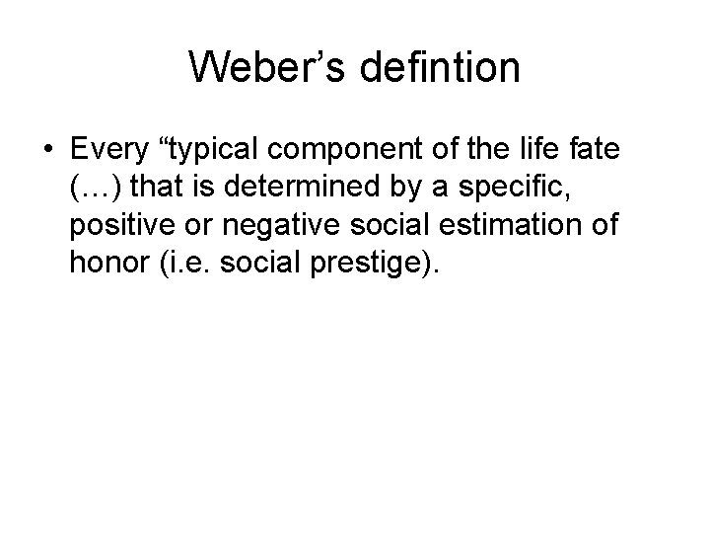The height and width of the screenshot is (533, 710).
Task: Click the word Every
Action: [109, 150]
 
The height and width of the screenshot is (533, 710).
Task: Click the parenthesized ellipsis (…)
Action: [94, 188]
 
